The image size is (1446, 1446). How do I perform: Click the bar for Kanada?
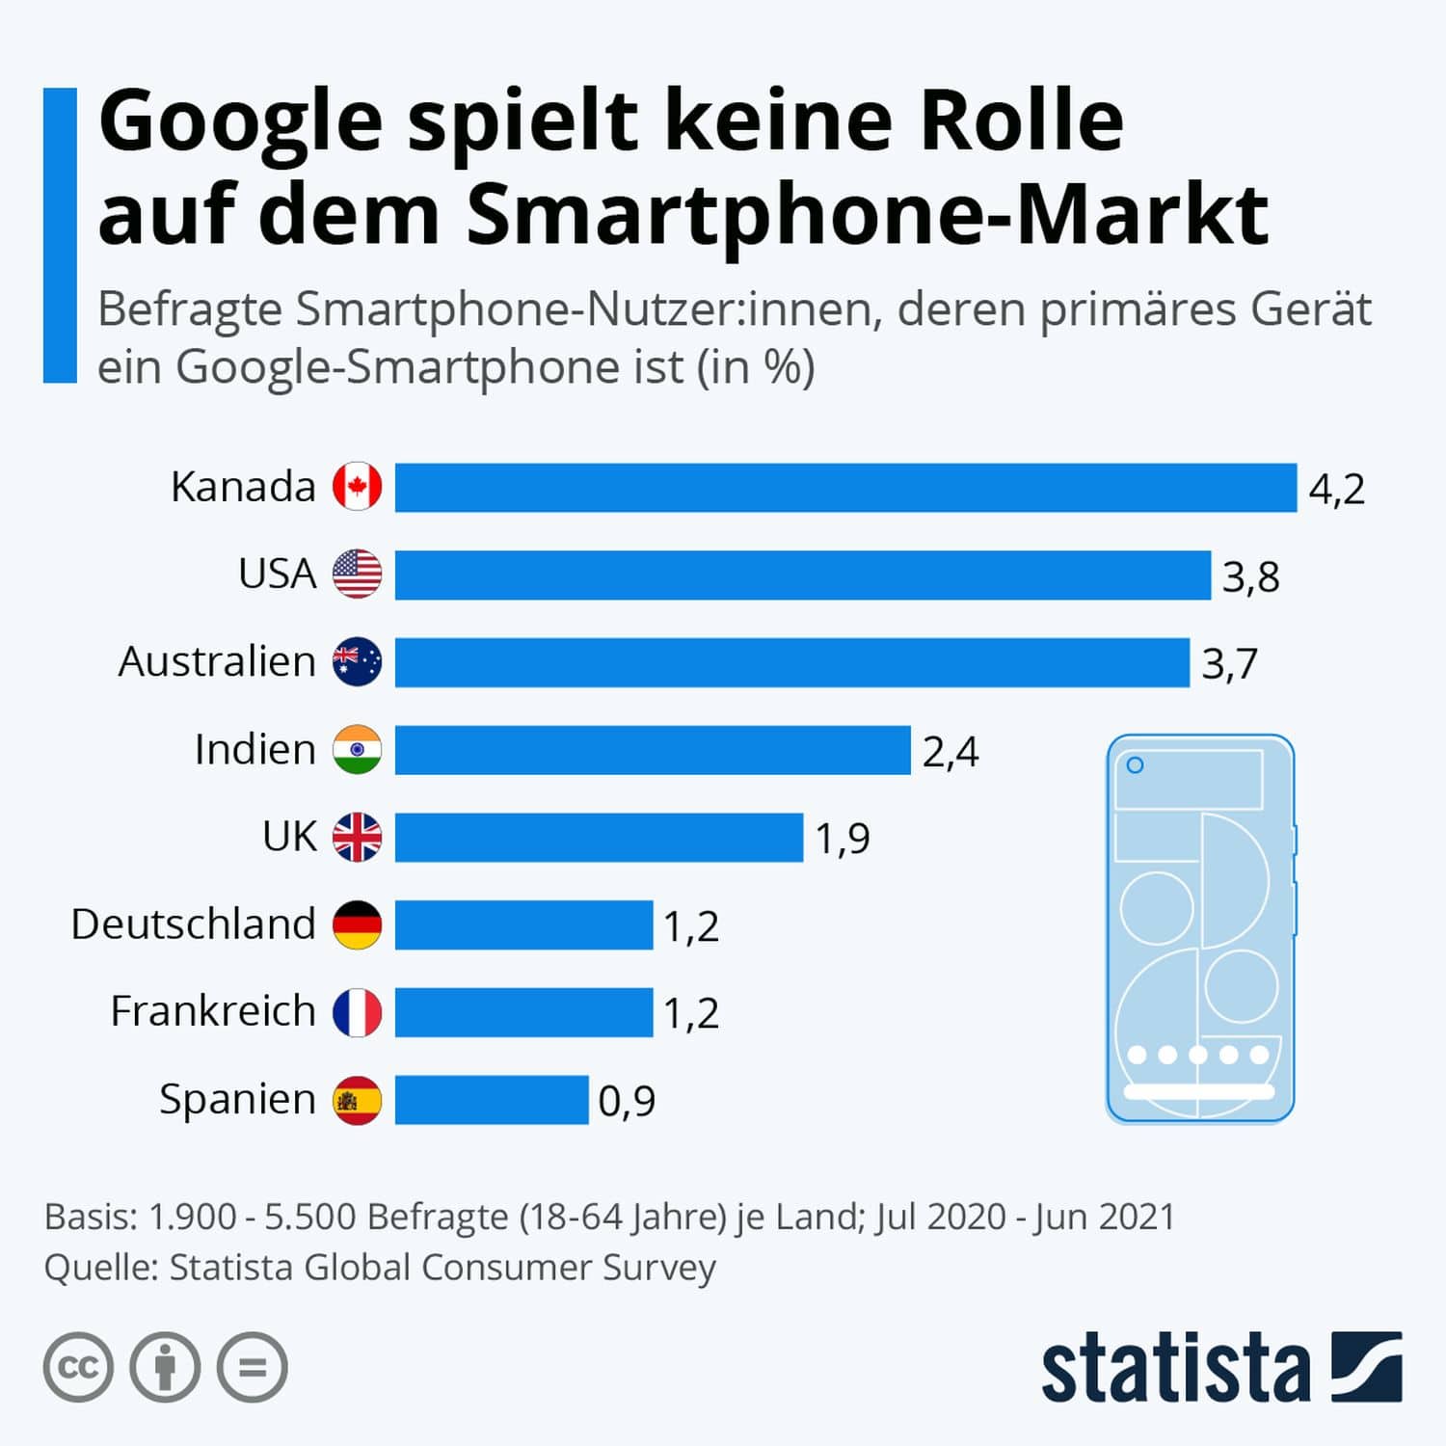click(x=845, y=488)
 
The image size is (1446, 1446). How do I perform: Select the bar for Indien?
click(x=653, y=750)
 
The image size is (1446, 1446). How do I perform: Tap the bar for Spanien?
click(x=492, y=1100)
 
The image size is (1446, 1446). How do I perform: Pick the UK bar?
click(x=599, y=837)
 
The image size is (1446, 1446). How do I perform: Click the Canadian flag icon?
click(x=358, y=487)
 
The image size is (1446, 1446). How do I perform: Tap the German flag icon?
click(x=358, y=924)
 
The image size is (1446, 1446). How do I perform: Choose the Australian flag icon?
click(x=358, y=662)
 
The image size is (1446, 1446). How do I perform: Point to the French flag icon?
click(x=358, y=1012)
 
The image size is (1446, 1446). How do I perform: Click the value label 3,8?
click(x=1250, y=576)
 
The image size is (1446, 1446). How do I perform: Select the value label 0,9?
click(x=627, y=1101)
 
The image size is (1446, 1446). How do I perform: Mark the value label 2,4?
click(x=951, y=752)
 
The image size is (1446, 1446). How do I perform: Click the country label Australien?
click(x=217, y=662)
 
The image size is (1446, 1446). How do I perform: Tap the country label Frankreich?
click(x=213, y=1011)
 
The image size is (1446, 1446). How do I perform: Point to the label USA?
click(x=277, y=574)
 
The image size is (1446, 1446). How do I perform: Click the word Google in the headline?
click(x=241, y=123)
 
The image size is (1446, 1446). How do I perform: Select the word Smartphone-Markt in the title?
click(x=868, y=214)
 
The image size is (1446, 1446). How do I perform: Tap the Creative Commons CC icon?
click(x=78, y=1367)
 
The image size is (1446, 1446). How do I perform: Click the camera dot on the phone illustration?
click(x=1136, y=765)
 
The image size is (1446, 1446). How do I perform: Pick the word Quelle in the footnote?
click(x=100, y=1268)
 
